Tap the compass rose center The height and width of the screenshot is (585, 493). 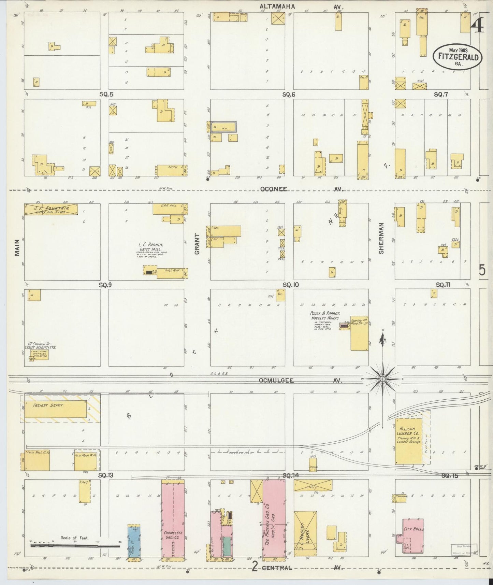(x=382, y=379)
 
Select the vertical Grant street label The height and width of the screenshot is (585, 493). (x=197, y=244)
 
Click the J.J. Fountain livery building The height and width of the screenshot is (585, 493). (x=51, y=209)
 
